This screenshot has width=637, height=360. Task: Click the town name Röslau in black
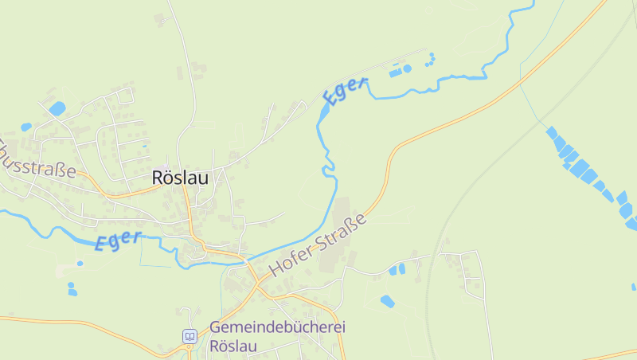(x=180, y=178)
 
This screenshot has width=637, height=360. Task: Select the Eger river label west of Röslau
(x=118, y=241)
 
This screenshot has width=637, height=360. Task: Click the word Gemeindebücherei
(x=278, y=327)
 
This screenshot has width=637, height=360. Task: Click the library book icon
(x=190, y=336)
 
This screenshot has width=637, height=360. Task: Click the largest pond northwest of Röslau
(x=57, y=108)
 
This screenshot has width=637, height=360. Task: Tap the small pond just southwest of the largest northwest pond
(x=26, y=127)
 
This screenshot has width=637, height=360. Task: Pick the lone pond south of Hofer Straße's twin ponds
(x=387, y=301)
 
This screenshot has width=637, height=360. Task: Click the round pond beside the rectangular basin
(x=408, y=68)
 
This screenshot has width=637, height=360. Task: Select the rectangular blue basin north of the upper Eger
(x=396, y=72)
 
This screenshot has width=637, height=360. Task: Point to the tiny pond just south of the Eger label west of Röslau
(x=80, y=263)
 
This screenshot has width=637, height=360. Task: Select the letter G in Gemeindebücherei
(x=216, y=327)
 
